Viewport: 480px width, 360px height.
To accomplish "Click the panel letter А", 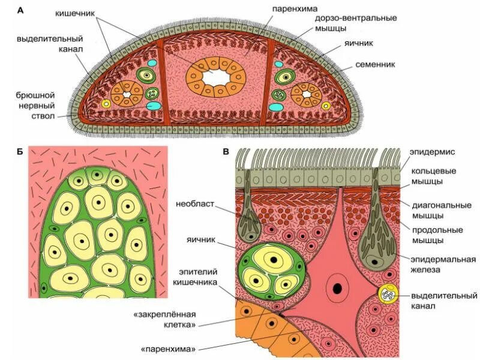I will click(x=20, y=10).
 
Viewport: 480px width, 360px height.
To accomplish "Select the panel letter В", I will click(x=226, y=151).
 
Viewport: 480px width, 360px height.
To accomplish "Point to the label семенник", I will click(x=374, y=64).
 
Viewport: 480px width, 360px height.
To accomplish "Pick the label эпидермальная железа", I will click(x=443, y=265).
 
